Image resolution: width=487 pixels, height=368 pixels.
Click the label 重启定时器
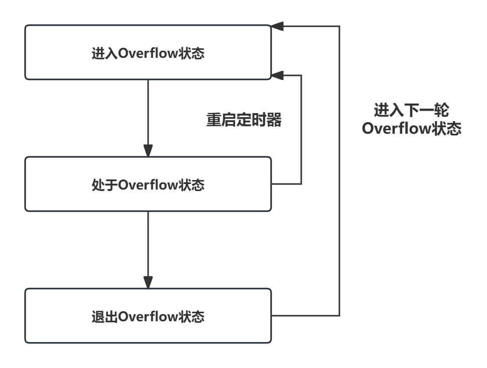(x=244, y=120)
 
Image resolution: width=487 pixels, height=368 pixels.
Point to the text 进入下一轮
(x=411, y=110)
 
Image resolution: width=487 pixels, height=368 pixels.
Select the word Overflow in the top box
(x=148, y=53)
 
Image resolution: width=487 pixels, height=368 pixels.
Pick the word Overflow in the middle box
(x=148, y=185)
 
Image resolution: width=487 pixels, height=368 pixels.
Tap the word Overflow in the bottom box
(x=148, y=317)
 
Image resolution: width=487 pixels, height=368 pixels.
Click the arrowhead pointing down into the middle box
(x=148, y=150)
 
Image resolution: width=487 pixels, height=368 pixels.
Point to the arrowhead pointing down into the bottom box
(x=148, y=282)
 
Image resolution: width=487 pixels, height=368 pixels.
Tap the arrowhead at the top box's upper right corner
(x=278, y=26)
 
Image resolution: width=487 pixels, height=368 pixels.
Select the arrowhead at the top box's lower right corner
(x=278, y=75)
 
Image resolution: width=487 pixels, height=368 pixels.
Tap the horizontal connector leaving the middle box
(x=286, y=184)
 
